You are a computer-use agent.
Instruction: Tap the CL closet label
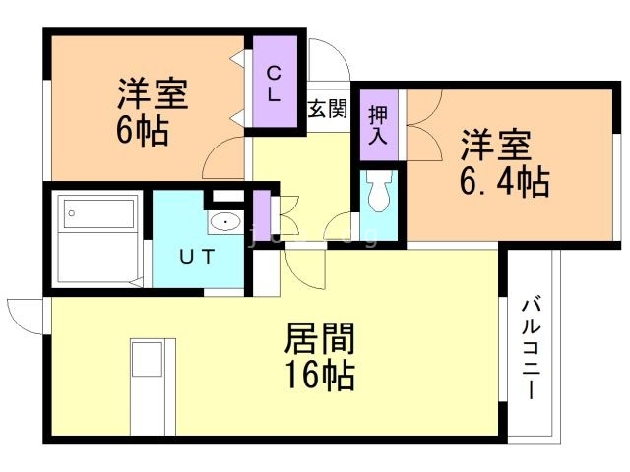275,83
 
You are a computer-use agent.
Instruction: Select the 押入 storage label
379,123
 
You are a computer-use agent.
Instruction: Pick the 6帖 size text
143,130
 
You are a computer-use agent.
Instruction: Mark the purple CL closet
275,84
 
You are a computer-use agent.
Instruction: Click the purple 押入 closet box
379,123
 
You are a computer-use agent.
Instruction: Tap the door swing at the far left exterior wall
25,313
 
